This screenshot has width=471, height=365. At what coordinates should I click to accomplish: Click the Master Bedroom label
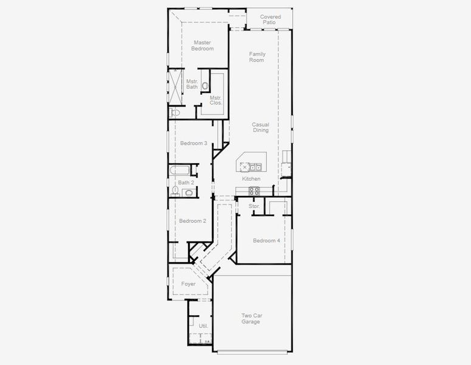(203, 46)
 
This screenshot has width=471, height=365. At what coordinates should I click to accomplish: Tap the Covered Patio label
(270, 19)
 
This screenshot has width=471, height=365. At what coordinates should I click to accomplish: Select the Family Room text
(257, 57)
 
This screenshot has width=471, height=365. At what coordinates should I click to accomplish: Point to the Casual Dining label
(260, 127)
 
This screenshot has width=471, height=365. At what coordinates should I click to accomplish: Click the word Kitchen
(251, 179)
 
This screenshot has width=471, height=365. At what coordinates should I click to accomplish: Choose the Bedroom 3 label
(194, 144)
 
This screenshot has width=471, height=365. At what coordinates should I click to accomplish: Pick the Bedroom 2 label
(193, 221)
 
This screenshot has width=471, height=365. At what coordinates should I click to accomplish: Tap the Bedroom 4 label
(267, 240)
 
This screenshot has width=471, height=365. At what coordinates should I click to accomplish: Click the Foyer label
(189, 284)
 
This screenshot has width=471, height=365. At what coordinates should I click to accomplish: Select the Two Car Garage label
(251, 318)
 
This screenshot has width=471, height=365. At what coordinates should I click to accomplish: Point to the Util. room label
(203, 326)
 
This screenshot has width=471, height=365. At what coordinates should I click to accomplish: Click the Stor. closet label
(254, 206)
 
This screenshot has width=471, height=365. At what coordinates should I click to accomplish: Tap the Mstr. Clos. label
(216, 100)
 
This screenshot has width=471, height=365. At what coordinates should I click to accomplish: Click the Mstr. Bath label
(192, 84)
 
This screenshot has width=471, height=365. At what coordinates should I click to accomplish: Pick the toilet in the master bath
(176, 113)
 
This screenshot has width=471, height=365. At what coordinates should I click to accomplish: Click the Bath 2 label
(186, 182)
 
